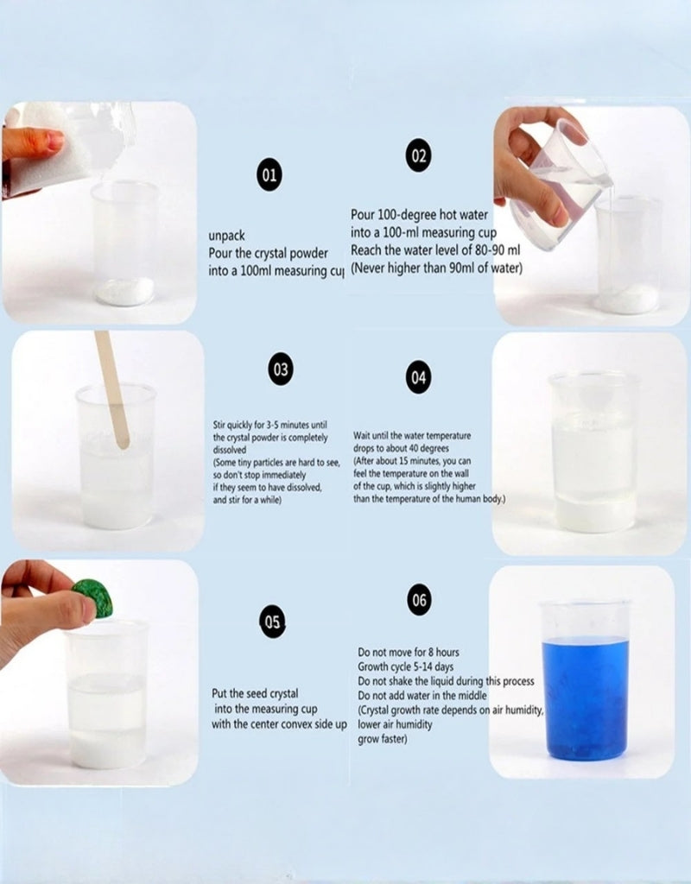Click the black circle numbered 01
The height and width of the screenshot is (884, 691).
point(270,175)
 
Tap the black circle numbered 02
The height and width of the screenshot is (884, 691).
point(418,155)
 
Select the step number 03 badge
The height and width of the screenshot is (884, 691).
point(281,369)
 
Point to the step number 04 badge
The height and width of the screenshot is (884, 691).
point(418,378)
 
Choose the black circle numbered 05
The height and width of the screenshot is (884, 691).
point(273,621)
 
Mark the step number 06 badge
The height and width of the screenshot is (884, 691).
point(419,599)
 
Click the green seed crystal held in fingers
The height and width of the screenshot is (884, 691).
point(93,598)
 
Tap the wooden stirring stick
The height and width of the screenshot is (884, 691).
point(113,388)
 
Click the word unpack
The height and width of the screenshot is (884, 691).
point(226,235)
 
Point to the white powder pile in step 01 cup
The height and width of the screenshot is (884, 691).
point(125,291)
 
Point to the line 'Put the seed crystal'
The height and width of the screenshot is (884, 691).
point(257,693)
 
